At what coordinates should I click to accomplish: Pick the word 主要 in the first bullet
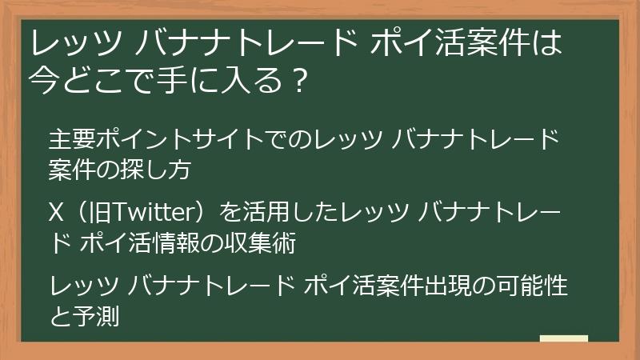(70, 140)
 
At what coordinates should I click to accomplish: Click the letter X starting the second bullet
(56, 214)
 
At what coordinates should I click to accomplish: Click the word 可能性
(533, 286)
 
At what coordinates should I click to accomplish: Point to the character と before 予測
(58, 315)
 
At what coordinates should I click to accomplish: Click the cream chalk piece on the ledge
(564, 338)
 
